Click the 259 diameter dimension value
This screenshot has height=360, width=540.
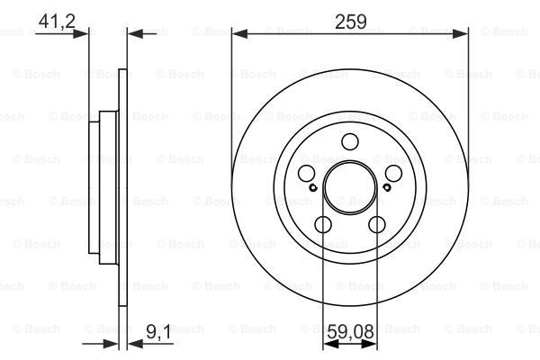(x=351, y=22)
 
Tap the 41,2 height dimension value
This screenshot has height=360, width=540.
(x=57, y=22)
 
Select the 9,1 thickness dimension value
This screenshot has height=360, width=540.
(x=159, y=332)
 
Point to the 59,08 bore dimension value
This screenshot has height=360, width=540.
(x=351, y=332)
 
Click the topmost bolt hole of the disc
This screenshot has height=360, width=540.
(x=350, y=141)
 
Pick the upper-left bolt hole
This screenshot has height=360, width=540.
(x=306, y=173)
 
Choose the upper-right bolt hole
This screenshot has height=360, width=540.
(x=393, y=173)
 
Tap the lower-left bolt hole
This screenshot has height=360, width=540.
(x=323, y=225)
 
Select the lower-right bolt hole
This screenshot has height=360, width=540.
(x=377, y=225)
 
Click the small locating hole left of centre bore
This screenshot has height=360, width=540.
(x=313, y=188)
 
